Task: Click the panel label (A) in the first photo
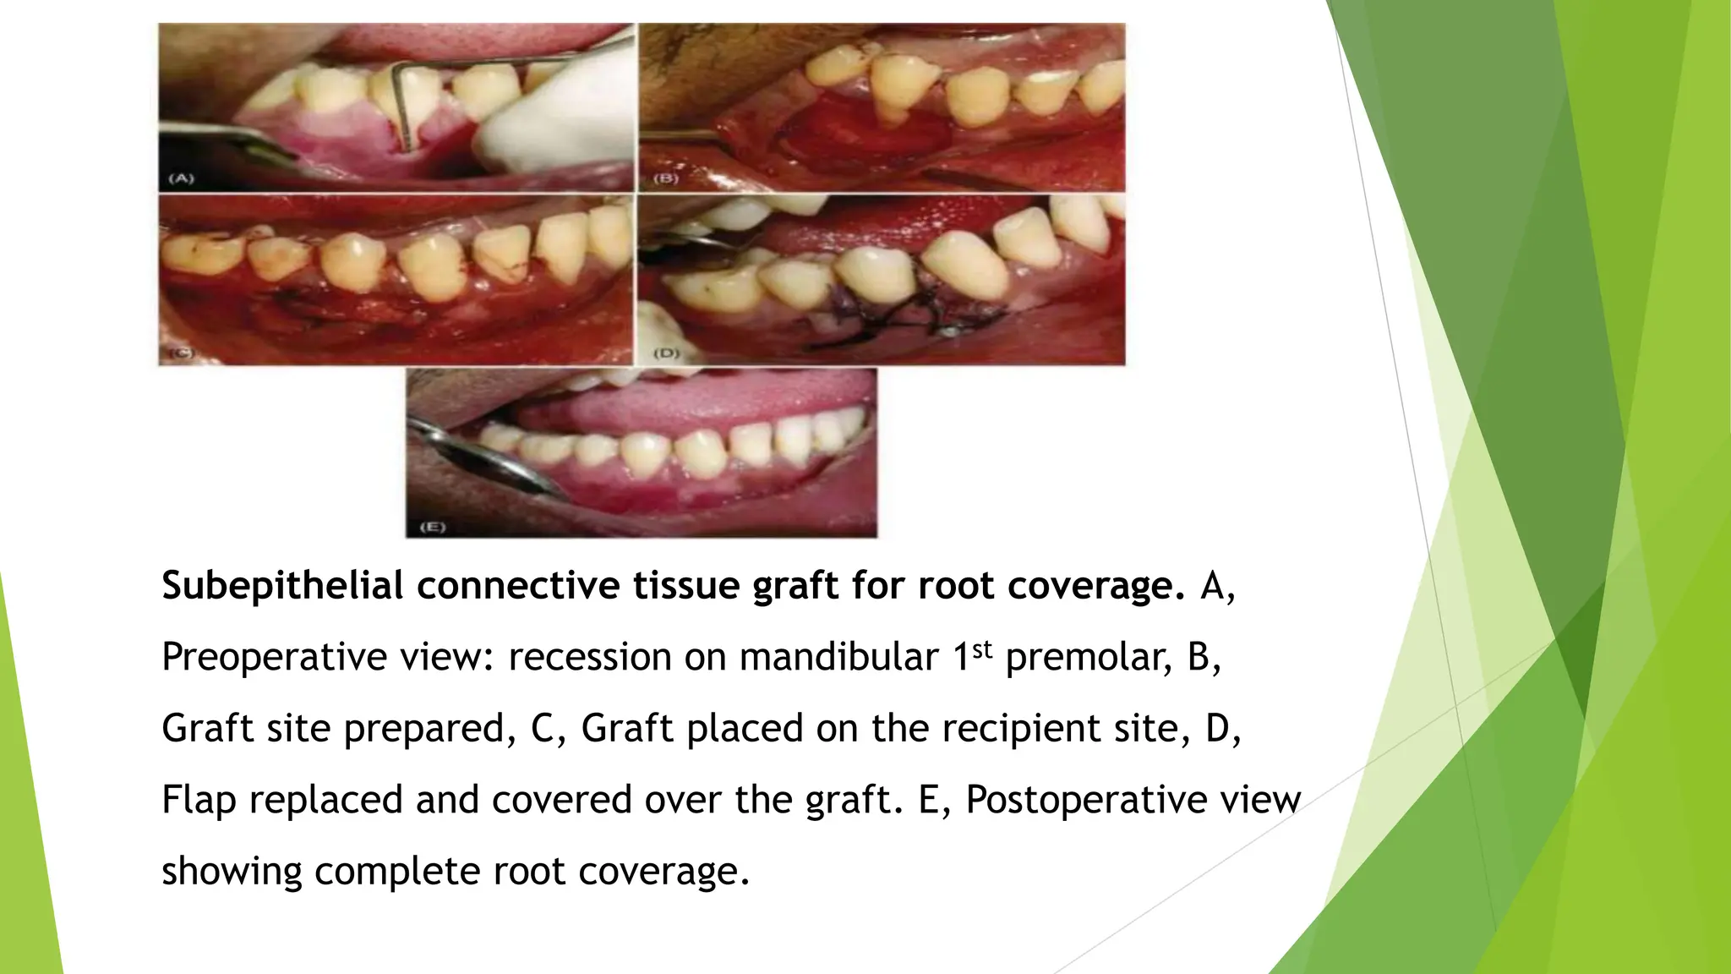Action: (181, 178)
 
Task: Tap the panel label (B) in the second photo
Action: (666, 179)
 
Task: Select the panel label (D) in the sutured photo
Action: (667, 353)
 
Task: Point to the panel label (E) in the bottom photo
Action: (433, 527)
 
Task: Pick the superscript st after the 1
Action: (980, 648)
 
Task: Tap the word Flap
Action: (199, 800)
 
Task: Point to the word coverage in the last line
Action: (663, 871)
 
